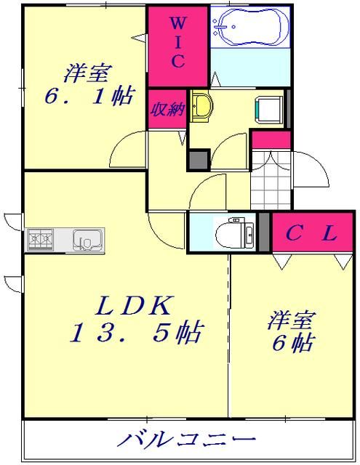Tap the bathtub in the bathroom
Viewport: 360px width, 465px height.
pyautogui.click(x=249, y=28)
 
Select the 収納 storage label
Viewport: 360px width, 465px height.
pyautogui.click(x=167, y=110)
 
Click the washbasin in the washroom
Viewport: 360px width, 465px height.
pyautogui.click(x=201, y=106)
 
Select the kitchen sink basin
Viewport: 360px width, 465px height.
pyautogui.click(x=87, y=239)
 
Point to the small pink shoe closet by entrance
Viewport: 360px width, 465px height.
pyautogui.click(x=271, y=139)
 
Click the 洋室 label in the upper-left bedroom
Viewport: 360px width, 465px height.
pyautogui.click(x=87, y=72)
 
